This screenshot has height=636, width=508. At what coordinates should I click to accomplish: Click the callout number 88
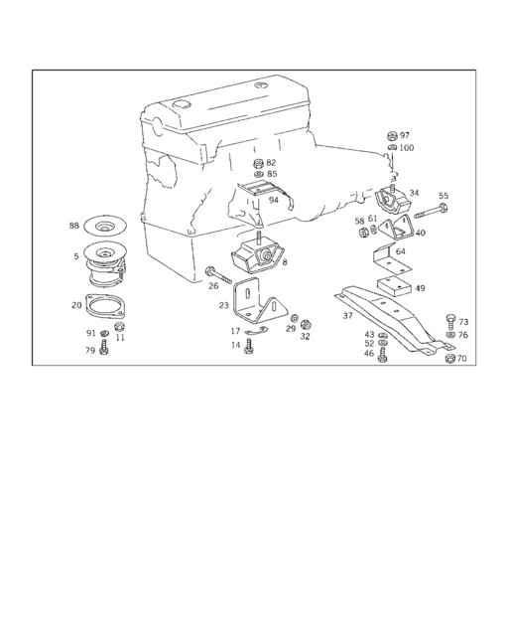click(73, 226)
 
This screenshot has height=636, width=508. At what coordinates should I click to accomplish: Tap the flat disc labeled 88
click(105, 226)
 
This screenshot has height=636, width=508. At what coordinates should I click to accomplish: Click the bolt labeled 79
click(104, 347)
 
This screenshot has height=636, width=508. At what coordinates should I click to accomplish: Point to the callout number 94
click(274, 200)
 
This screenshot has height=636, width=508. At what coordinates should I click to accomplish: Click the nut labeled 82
click(257, 164)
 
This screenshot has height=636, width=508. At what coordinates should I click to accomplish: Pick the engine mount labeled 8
click(257, 255)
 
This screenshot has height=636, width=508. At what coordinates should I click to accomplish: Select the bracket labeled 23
click(260, 302)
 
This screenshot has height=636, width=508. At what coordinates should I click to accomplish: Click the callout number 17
click(235, 331)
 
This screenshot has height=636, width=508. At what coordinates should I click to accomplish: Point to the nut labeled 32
click(306, 324)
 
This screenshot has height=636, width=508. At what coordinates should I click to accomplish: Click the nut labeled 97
click(392, 136)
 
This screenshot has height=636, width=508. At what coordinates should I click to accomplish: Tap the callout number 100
click(407, 148)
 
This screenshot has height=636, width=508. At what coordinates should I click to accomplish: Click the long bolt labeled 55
click(431, 211)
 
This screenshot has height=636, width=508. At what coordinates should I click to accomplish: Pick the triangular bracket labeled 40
click(397, 228)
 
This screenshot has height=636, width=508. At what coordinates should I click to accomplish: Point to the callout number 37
click(347, 315)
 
